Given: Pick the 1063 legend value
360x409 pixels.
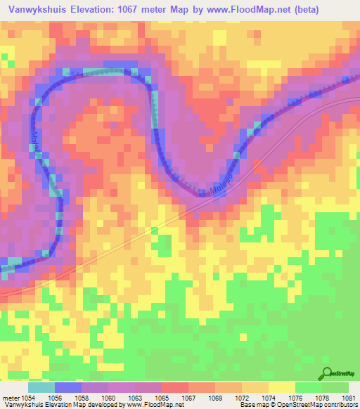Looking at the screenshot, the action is coord(134,398).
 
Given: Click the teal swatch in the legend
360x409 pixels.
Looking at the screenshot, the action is coord(41,387).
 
